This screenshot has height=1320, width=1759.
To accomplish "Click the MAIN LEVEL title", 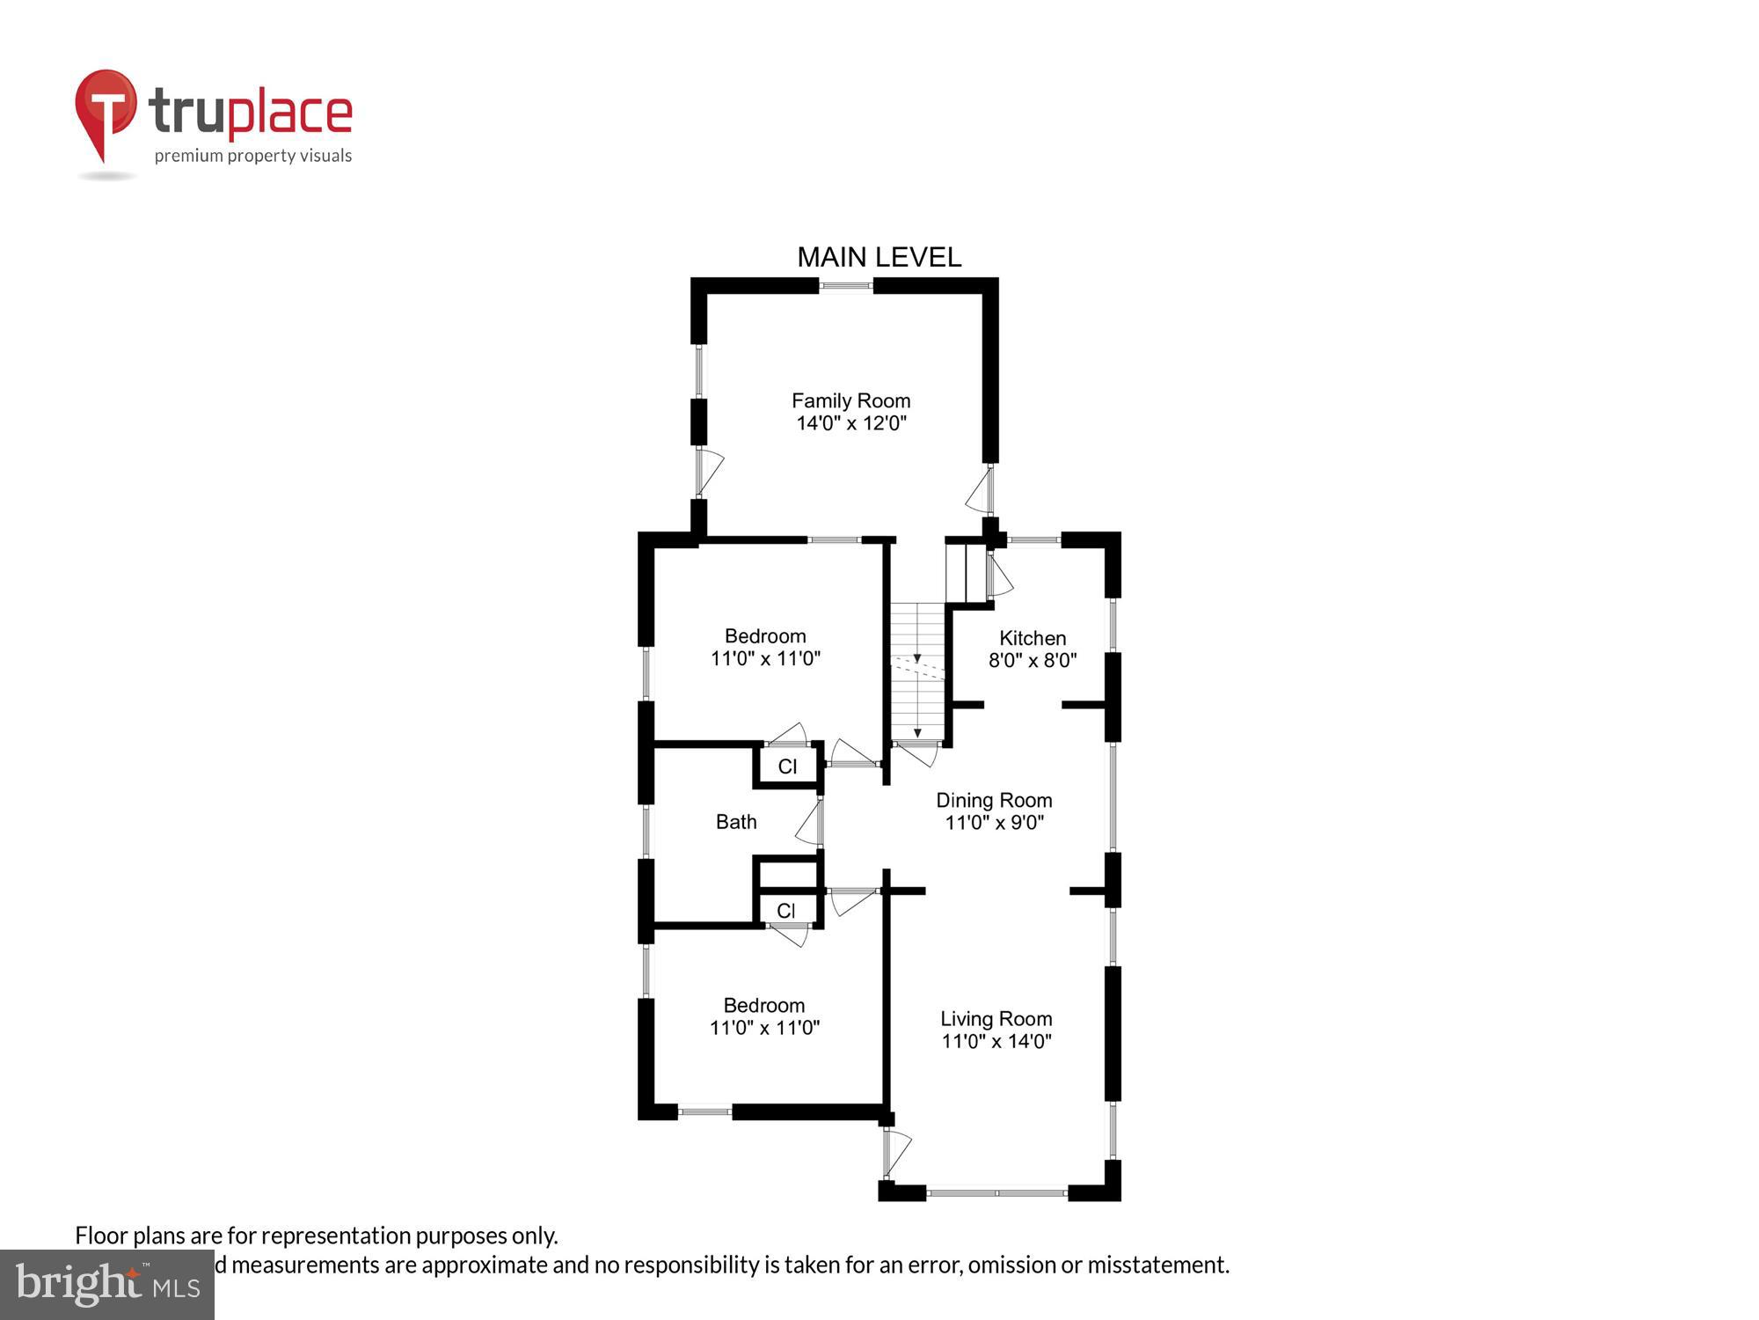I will tap(879, 257).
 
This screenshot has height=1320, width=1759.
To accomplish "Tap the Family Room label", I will tap(850, 401).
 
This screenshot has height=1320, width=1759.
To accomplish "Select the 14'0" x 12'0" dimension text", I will tap(850, 423).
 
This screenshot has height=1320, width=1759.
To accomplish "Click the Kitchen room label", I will tap(1032, 638).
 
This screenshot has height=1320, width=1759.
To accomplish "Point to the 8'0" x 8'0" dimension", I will tap(1032, 660).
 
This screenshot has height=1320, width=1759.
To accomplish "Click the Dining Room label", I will tap(994, 800).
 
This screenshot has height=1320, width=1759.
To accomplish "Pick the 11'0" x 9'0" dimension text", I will tap(994, 823).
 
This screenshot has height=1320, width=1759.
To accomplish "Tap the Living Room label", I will tap(996, 1019).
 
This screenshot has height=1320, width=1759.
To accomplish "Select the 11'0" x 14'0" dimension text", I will tap(996, 1041).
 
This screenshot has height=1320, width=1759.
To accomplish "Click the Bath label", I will tap(736, 822).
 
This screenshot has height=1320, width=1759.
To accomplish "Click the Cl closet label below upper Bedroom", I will tap(787, 766).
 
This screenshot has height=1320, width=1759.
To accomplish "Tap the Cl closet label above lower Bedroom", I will tap(786, 911).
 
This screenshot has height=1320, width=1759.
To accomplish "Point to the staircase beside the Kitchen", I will tap(917, 673).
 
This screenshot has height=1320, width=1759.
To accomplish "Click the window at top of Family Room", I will tap(846, 285).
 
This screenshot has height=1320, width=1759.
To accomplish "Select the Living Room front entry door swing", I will tap(897, 1153).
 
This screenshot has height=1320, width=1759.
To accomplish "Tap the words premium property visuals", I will tap(253, 157).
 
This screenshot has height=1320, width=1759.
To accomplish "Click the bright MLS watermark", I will tap(107, 1285).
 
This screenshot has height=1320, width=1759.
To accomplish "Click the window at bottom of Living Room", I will tap(996, 1193).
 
